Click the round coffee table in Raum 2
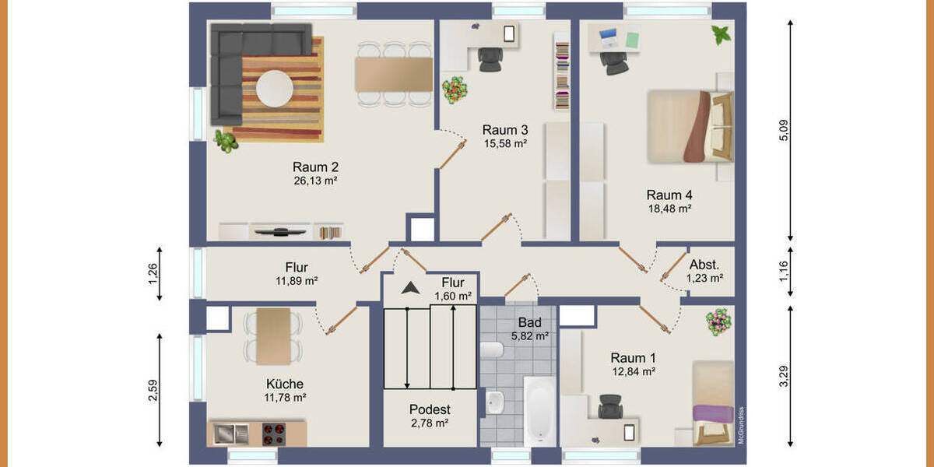(275, 88)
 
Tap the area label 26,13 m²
(315, 181)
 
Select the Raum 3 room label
(505, 129)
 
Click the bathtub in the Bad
(539, 411)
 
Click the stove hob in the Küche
(273, 431)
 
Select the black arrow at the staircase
(410, 288)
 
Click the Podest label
(430, 409)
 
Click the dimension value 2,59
(153, 390)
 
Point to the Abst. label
(704, 264)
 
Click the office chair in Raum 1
(610, 406)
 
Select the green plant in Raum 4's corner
(722, 34)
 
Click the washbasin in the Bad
(494, 403)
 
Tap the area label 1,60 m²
(453, 296)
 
